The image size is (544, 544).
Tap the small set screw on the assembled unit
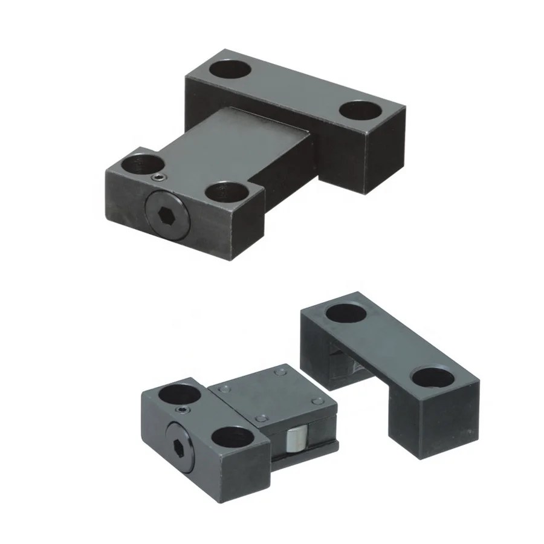[x=158, y=177]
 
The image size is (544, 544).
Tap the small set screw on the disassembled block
[x=183, y=411]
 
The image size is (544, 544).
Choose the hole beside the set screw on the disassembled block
[x=180, y=394]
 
